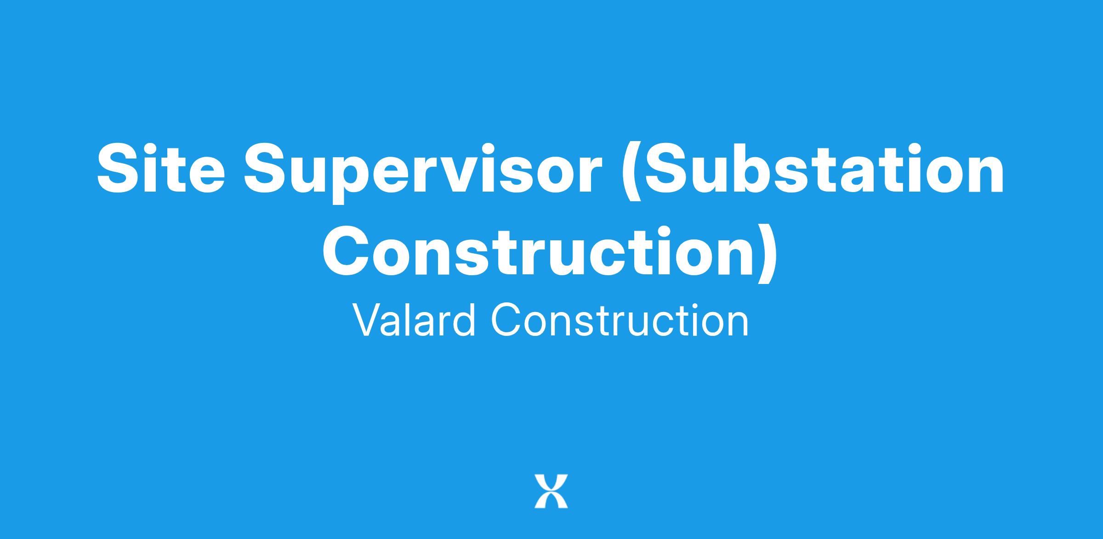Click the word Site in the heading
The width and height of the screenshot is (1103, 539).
point(161,168)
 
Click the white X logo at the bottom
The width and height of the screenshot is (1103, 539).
point(551,491)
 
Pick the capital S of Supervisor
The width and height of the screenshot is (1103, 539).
point(264,169)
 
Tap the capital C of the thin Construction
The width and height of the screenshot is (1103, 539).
point(506,320)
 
